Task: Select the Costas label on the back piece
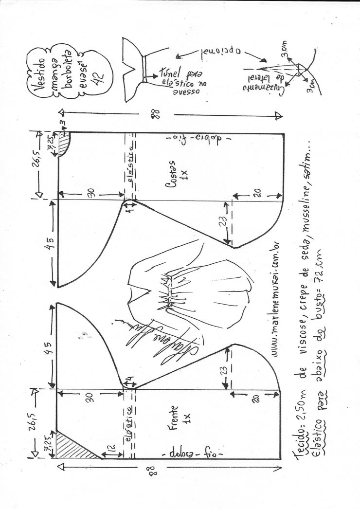(177, 171)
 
